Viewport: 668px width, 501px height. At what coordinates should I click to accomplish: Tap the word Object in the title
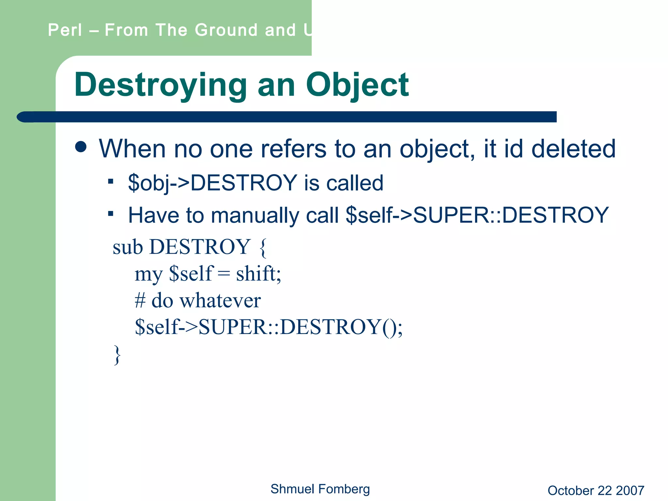coord(357,85)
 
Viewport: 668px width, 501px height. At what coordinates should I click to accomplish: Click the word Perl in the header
coord(65,30)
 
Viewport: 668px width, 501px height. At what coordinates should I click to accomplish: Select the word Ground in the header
coord(226,30)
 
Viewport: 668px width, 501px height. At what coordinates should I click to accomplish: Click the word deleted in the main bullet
coord(573,149)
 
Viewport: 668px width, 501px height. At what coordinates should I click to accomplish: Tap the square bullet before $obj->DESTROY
coord(111,181)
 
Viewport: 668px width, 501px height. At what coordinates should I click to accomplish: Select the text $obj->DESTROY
coord(212,183)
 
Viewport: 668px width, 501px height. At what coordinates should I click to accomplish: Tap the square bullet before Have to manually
coord(111,214)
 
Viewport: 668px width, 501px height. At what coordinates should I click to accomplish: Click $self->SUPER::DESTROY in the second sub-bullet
coord(477,215)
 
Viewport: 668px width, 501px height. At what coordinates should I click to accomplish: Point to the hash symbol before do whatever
coord(140,300)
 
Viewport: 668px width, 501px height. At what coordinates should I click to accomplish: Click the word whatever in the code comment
coord(220,300)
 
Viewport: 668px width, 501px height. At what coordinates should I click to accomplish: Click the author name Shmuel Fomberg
coord(320,489)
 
